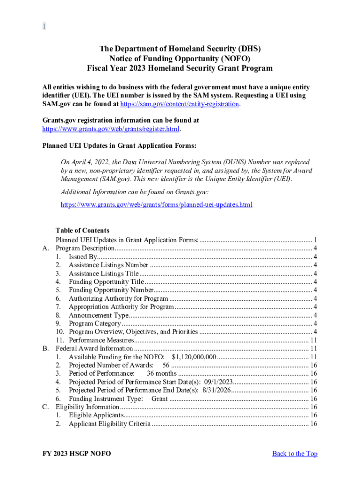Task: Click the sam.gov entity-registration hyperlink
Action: pyautogui.click(x=180, y=104)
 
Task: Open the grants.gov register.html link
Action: pyautogui.click(x=111, y=129)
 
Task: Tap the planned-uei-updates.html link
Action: pyautogui.click(x=157, y=205)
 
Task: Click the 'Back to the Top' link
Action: pyautogui.click(x=295, y=453)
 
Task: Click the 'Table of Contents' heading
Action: pyautogui.click(x=82, y=230)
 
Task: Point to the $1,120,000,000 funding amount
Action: pyautogui.click(x=194, y=357)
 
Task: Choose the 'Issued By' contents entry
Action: pyautogui.click(x=83, y=256)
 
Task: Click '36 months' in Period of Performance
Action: pyautogui.click(x=161, y=373)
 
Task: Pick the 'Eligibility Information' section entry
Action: pyautogui.click(x=87, y=407)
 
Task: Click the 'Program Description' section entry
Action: pyautogui.click(x=85, y=248)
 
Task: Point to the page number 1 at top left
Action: pyautogui.click(x=44, y=27)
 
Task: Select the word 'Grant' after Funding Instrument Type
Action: pyautogui.click(x=159, y=399)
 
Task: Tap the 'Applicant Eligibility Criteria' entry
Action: pyautogui.click(x=109, y=424)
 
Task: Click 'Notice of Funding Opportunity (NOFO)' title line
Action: pyautogui.click(x=180, y=58)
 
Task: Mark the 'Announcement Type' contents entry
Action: pyautogui.click(x=98, y=315)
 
